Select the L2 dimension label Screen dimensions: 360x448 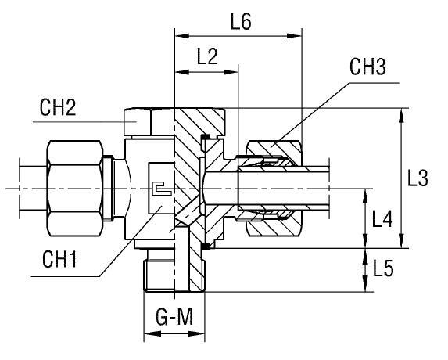pos(207,58)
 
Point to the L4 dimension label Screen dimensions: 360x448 pos(382,220)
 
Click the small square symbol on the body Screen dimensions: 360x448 pos(159,189)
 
